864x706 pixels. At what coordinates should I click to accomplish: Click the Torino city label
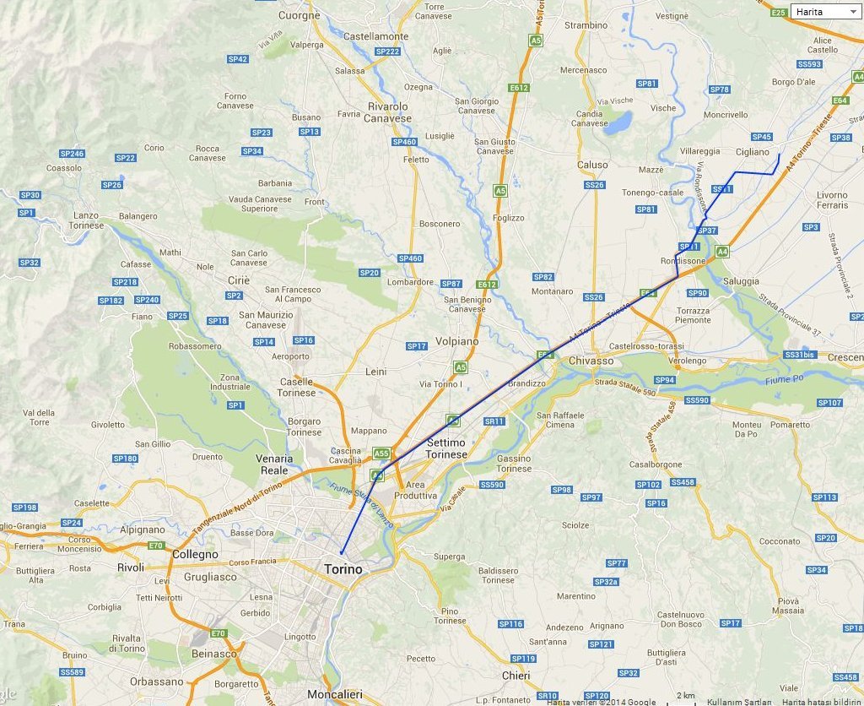click(x=343, y=569)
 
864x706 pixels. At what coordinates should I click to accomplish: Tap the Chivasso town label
click(x=591, y=361)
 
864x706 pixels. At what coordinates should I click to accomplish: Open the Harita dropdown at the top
click(x=824, y=12)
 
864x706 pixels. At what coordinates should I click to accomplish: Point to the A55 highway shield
click(x=381, y=453)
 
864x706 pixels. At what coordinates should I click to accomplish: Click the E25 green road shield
click(x=778, y=12)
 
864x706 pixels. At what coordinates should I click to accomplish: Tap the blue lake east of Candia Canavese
click(x=618, y=123)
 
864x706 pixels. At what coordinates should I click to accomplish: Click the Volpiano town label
click(x=456, y=341)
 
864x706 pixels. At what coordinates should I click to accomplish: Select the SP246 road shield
click(x=72, y=154)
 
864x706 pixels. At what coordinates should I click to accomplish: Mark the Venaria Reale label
click(x=274, y=464)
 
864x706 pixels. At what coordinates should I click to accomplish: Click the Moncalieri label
click(x=335, y=694)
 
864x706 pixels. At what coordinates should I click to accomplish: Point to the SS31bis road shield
click(x=801, y=355)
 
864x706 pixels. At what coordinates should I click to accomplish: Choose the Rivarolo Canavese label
click(x=387, y=112)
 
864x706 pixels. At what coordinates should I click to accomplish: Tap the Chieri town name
click(x=516, y=676)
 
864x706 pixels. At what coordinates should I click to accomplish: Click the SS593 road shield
click(x=808, y=64)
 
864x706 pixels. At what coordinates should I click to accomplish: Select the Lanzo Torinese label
click(x=89, y=220)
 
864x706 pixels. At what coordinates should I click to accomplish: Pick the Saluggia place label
click(x=740, y=281)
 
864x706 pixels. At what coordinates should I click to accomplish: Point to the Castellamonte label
click(x=375, y=37)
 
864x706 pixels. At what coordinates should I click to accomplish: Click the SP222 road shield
click(x=386, y=52)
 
